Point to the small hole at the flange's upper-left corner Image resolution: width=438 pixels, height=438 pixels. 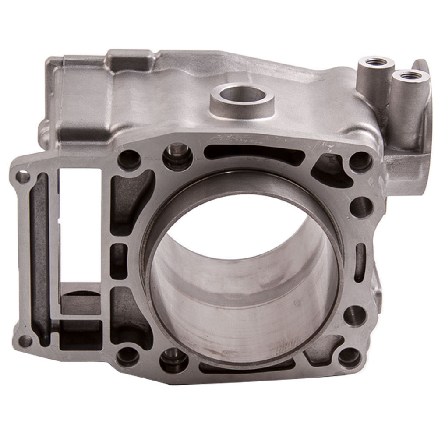tap(22, 177)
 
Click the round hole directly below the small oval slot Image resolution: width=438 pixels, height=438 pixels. tap(355, 314)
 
